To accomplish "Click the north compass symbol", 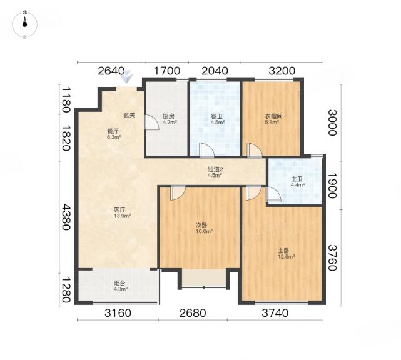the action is [24, 24].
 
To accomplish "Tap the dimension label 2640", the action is [111, 71].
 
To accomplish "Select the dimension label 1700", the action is [167, 71].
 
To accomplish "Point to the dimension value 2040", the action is [215, 71].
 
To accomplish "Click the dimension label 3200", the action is [282, 71].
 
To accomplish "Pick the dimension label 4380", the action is [66, 217].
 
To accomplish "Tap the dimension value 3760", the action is [332, 257].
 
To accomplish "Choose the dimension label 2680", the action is [193, 313].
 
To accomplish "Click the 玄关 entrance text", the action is [129, 115].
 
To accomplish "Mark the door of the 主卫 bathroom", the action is [273, 194].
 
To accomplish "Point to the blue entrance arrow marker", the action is [128, 76].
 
